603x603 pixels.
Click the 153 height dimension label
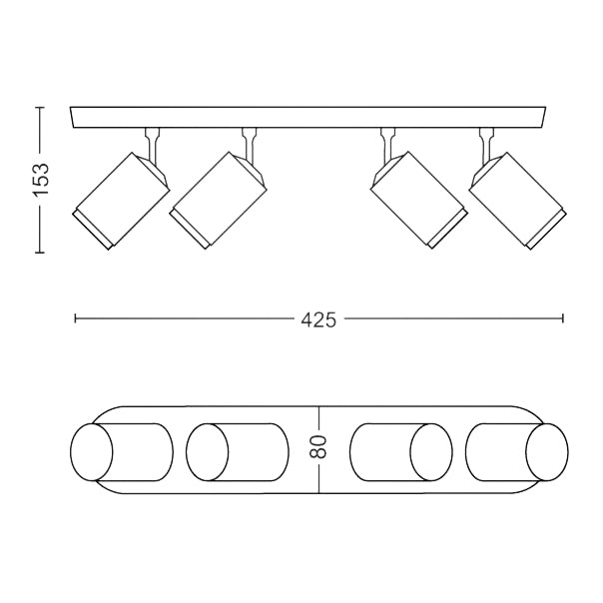(39, 180)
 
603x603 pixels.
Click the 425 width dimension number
(317, 319)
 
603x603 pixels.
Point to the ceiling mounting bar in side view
(309, 117)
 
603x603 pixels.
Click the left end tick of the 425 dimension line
(76, 319)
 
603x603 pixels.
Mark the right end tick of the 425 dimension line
(563, 319)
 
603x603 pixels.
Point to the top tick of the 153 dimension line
(39, 107)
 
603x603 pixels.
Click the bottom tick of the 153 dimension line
(39, 253)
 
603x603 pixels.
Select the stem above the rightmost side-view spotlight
(486, 143)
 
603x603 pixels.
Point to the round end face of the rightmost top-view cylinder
(550, 453)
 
